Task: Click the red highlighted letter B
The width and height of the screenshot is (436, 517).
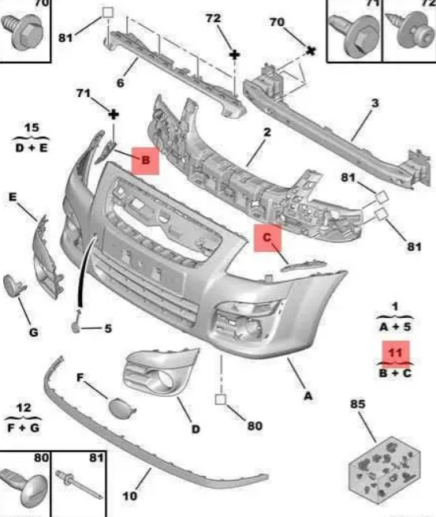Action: pos(145,160)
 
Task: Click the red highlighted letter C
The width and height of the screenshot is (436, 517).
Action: pos(267,238)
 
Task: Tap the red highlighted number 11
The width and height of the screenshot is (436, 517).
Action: pos(396,354)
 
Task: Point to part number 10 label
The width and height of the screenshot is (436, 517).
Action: pos(129,496)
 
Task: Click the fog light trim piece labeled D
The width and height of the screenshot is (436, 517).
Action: pos(160,372)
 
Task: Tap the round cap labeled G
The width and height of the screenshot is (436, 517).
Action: pos(13,286)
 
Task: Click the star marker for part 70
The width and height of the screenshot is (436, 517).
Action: pos(311,51)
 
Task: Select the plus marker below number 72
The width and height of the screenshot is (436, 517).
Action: pos(234,54)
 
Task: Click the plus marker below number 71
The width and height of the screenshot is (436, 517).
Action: pos(114,114)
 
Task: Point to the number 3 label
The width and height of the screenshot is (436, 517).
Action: pos(375,103)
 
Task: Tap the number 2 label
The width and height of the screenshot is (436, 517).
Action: pos(267,133)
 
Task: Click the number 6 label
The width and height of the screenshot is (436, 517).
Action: pos(121,83)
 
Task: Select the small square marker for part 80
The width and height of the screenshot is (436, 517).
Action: pos(221,399)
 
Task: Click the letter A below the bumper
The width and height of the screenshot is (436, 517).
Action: pos(308,395)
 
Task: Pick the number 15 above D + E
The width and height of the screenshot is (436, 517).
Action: pos(32,128)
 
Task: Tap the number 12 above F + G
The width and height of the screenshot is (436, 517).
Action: pos(24,408)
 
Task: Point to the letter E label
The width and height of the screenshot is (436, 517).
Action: pos(12,197)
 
